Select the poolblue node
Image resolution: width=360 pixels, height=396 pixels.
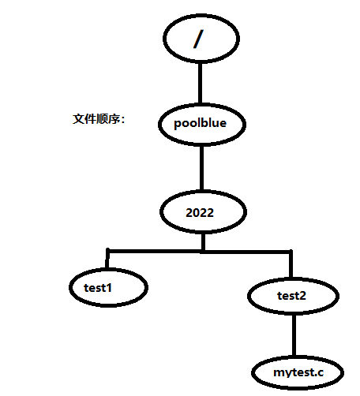tap(202, 123)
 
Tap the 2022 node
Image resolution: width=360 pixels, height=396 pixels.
tap(202, 213)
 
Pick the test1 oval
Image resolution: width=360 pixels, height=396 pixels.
tap(107, 288)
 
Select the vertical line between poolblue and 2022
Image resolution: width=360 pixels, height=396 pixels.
tap(202, 168)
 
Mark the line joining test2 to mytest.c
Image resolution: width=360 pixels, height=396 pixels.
tap(293, 335)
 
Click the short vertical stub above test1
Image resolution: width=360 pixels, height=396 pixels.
tap(108, 260)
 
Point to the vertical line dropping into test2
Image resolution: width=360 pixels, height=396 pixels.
tap(291, 266)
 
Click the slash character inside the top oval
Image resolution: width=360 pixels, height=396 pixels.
tap(199, 39)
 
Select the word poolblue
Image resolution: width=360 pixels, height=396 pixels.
tap(202, 124)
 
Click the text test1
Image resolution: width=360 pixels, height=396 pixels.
tap(98, 288)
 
